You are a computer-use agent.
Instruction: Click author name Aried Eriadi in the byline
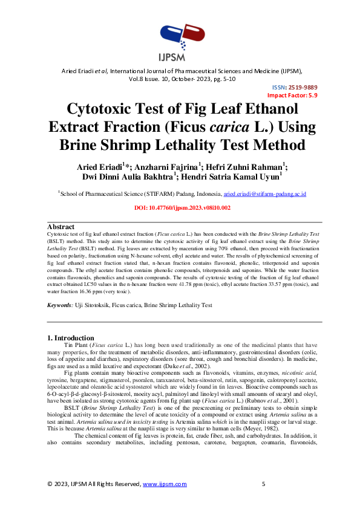click(x=100, y=166)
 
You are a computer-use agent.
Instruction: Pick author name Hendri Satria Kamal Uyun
click(x=234, y=177)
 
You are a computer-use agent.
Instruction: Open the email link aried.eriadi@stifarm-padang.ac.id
click(x=265, y=194)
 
